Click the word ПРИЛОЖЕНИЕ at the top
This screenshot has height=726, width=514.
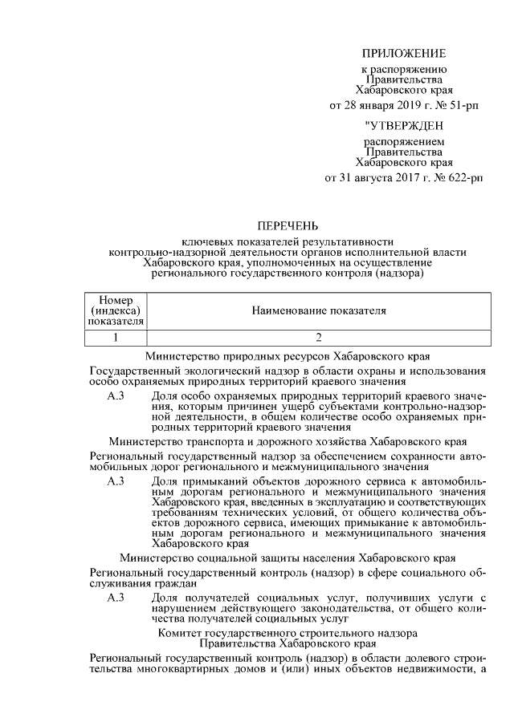(x=403, y=54)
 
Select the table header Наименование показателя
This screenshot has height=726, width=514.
(x=319, y=310)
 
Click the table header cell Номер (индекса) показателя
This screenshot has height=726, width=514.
(x=116, y=310)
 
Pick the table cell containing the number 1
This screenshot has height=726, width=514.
(x=116, y=337)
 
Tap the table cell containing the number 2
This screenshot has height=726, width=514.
(x=319, y=337)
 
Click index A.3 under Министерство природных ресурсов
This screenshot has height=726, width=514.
(x=116, y=396)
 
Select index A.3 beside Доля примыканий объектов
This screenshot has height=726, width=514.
(x=116, y=480)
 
